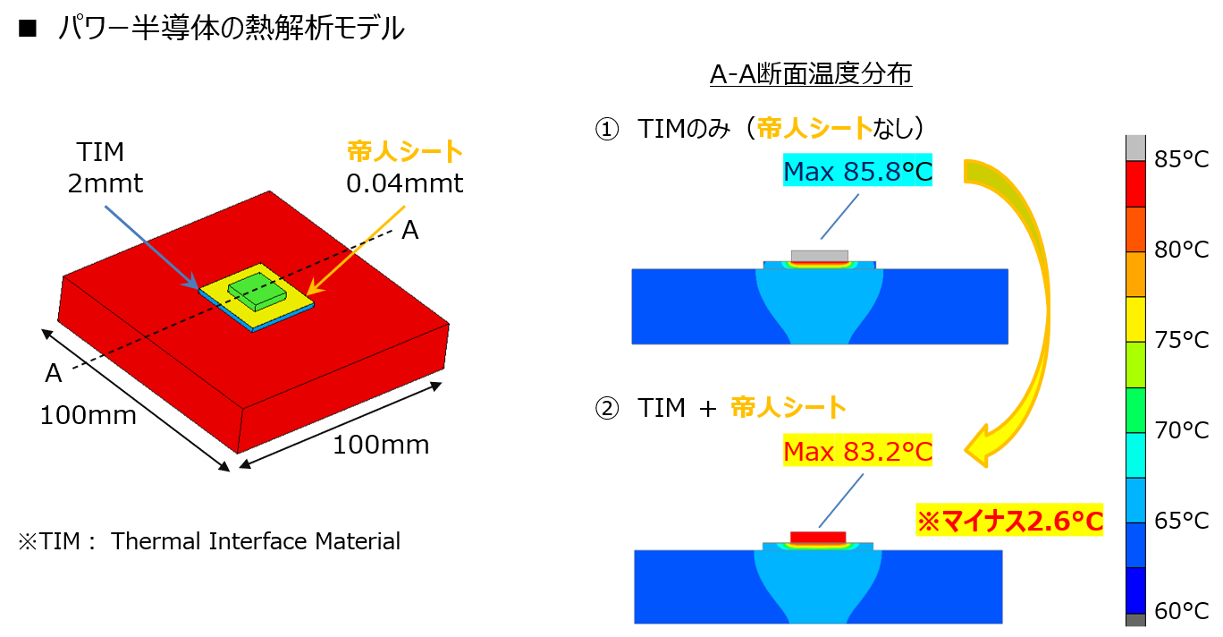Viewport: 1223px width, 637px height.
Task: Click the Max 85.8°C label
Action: click(x=857, y=171)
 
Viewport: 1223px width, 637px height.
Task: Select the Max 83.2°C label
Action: click(x=857, y=451)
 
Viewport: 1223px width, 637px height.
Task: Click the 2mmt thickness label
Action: click(x=105, y=185)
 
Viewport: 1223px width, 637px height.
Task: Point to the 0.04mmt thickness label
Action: click(x=405, y=185)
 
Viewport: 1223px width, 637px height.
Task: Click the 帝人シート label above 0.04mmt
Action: click(x=405, y=151)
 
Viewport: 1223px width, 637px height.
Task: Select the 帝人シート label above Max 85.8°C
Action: click(x=814, y=129)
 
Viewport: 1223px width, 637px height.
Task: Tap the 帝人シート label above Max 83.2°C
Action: click(x=789, y=408)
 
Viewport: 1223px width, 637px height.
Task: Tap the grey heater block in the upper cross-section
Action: click(x=819, y=256)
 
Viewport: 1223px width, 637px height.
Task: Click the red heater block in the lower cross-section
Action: click(x=818, y=537)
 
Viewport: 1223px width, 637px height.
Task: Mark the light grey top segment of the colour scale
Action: click(x=1135, y=148)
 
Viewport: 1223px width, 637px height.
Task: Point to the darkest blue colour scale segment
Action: click(x=1135, y=590)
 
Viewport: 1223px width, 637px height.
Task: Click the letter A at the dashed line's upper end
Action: click(x=409, y=231)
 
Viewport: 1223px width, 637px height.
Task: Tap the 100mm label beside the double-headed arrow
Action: click(x=381, y=445)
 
